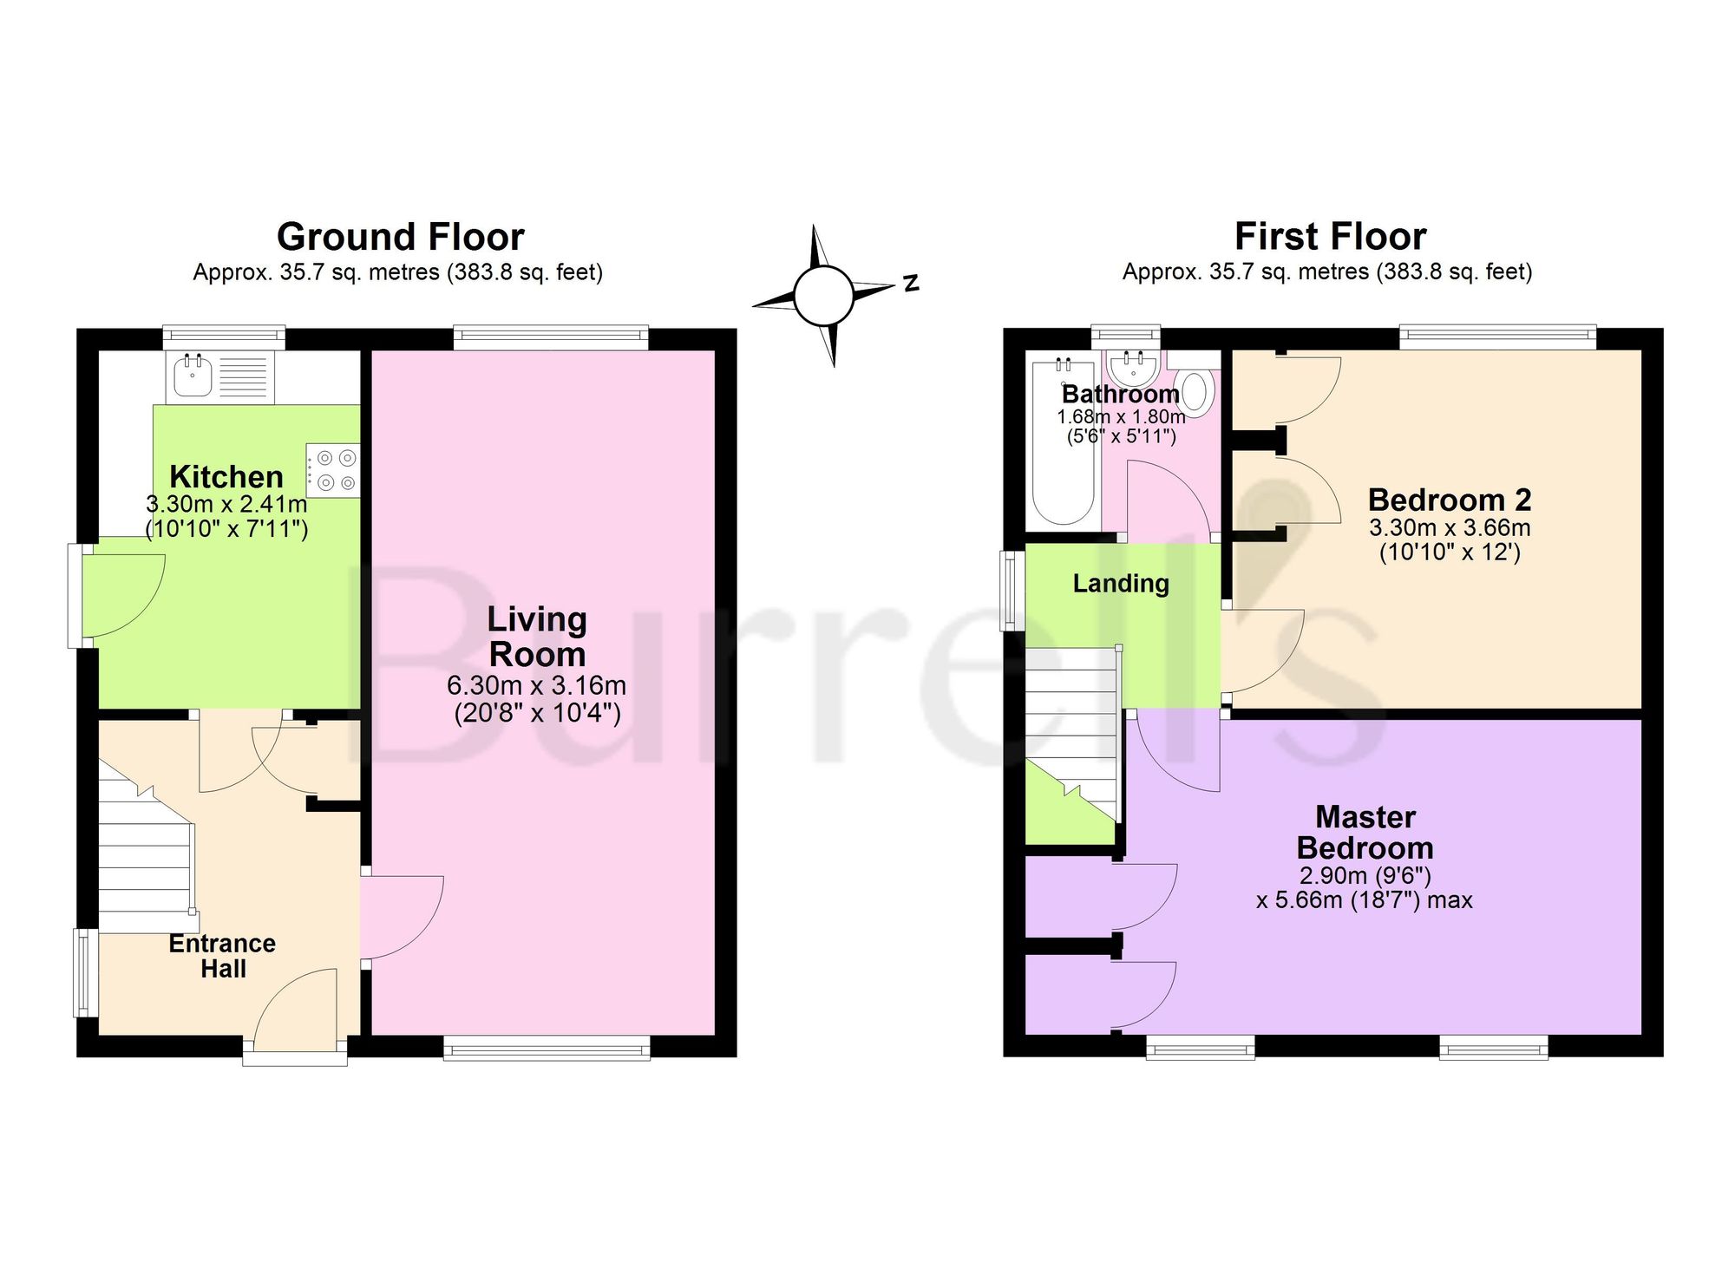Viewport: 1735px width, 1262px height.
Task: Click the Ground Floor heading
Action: (400, 237)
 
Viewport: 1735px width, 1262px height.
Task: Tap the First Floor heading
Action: (1330, 237)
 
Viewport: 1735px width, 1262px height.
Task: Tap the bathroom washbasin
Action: (1134, 369)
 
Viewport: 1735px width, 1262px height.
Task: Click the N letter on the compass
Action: (911, 283)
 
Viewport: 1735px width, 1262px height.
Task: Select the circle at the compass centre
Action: (823, 295)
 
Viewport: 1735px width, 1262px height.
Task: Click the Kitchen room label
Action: (226, 477)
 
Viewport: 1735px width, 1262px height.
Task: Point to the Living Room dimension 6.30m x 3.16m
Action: (536, 685)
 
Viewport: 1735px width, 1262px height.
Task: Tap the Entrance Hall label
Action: (222, 956)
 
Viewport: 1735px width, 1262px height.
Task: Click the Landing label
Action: (1121, 584)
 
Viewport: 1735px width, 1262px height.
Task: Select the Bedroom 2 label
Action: (1450, 500)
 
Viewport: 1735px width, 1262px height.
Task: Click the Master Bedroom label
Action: (1365, 832)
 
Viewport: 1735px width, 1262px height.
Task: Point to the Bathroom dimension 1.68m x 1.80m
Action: (1121, 416)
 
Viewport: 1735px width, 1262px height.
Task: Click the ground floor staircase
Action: (146, 846)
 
